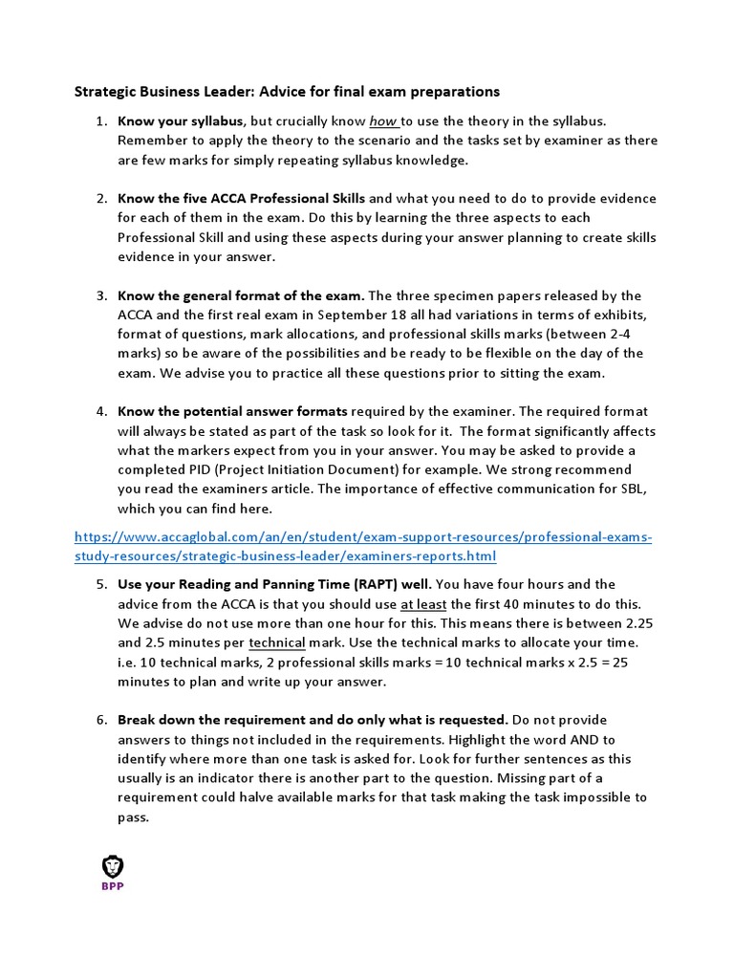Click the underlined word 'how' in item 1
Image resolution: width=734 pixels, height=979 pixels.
pyautogui.click(x=382, y=121)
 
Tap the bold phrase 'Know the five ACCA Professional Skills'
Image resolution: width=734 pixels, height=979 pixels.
pyautogui.click(x=241, y=198)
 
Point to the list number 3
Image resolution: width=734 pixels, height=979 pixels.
pyautogui.click(x=101, y=295)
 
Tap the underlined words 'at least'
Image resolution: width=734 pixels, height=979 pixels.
pyautogui.click(x=422, y=603)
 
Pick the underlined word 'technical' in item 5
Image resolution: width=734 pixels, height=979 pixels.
pyautogui.click(x=276, y=642)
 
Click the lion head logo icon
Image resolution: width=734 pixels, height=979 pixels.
pyautogui.click(x=113, y=866)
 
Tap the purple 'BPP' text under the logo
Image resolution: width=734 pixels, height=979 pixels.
pyautogui.click(x=113, y=886)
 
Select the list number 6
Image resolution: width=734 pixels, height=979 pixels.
pyautogui.click(x=101, y=719)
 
